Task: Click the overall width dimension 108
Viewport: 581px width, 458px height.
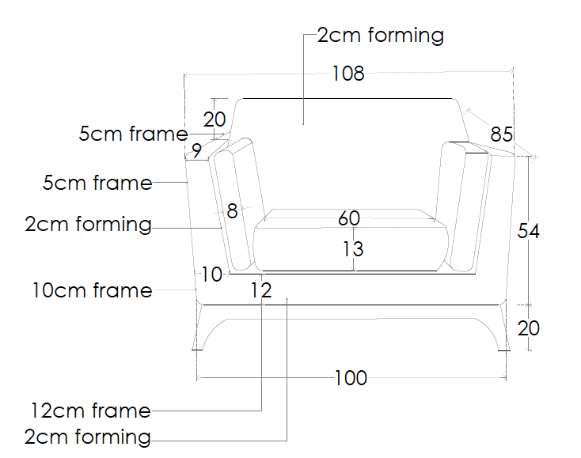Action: (x=348, y=74)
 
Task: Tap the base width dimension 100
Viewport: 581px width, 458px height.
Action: (x=351, y=378)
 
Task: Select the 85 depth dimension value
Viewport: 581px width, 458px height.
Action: (x=501, y=134)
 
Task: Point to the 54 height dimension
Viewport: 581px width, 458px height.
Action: (x=529, y=231)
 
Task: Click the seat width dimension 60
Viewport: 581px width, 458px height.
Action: (x=348, y=218)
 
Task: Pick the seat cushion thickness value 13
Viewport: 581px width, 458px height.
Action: (x=353, y=249)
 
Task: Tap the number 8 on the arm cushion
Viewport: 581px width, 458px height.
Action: (x=232, y=211)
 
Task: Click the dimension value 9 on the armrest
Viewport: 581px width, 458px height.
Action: (x=197, y=151)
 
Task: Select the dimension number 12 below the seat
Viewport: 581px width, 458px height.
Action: (x=261, y=290)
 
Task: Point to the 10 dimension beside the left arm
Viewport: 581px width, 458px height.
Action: (x=211, y=274)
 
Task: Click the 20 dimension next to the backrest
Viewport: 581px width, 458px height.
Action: (x=215, y=119)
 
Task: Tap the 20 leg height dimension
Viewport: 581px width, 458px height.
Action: (x=529, y=328)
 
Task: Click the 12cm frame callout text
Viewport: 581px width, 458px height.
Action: (x=90, y=411)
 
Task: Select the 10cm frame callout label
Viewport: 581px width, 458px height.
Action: (x=93, y=290)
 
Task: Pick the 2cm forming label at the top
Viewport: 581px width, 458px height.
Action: (x=381, y=36)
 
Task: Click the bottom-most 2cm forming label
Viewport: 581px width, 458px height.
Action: (x=88, y=437)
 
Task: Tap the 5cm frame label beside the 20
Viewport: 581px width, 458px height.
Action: (x=134, y=134)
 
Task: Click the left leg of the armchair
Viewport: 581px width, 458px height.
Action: (x=198, y=327)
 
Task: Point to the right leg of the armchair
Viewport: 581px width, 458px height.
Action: (x=504, y=327)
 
